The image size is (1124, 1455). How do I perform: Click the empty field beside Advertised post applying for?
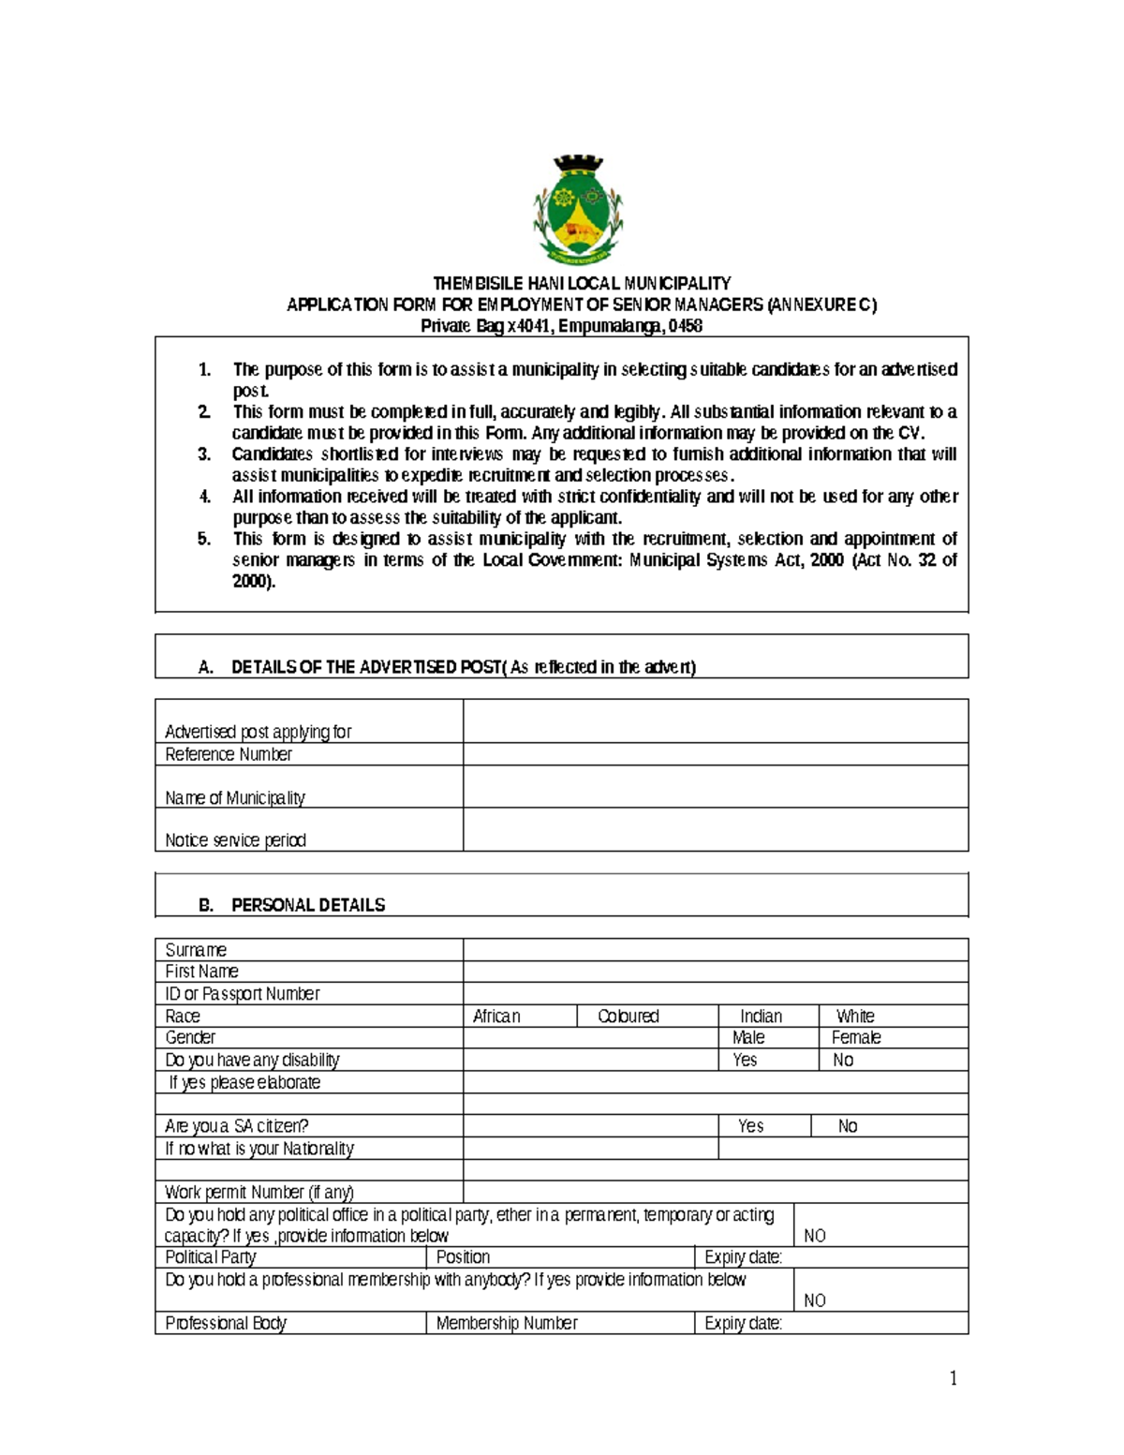[x=715, y=721]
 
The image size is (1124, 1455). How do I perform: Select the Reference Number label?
[x=229, y=754]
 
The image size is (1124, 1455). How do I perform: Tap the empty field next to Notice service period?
[x=715, y=830]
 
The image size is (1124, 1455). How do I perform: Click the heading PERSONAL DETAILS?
[x=308, y=905]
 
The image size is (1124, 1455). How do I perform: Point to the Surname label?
[x=196, y=950]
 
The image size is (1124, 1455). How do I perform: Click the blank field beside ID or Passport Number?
[x=715, y=994]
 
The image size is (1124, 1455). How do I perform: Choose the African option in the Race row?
[x=496, y=1017]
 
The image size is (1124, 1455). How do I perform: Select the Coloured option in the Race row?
[x=629, y=1017]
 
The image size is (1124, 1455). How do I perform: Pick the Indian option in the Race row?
[x=761, y=1017]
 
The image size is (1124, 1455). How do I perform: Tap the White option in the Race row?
[x=855, y=1017]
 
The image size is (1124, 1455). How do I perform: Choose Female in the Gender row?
[x=856, y=1038]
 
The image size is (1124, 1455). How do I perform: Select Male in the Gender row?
[x=748, y=1038]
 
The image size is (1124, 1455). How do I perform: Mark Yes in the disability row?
[x=745, y=1061]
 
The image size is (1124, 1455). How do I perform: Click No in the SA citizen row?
[x=848, y=1126]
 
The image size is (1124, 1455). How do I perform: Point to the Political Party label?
[x=211, y=1257]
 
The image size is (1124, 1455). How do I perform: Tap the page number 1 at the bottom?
[x=954, y=1378]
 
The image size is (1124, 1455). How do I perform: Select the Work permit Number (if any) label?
[x=259, y=1193]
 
